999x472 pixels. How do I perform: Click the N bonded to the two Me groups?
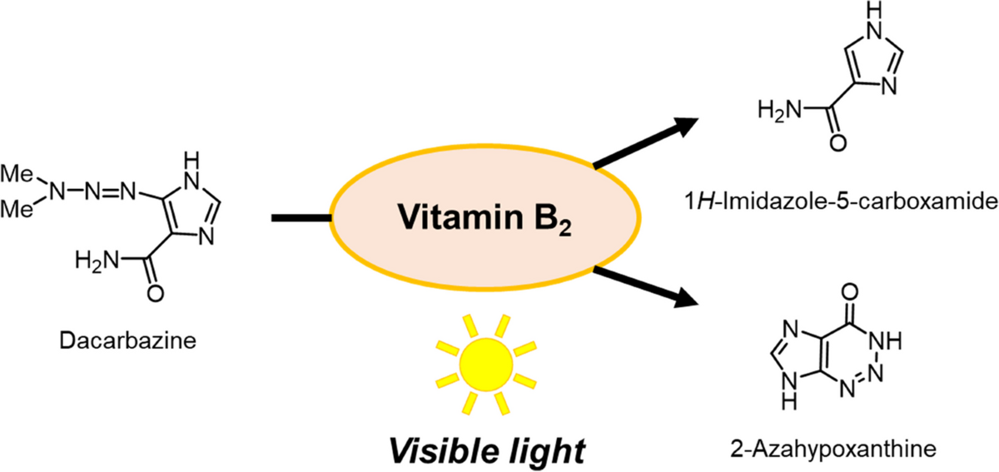tap(56, 193)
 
